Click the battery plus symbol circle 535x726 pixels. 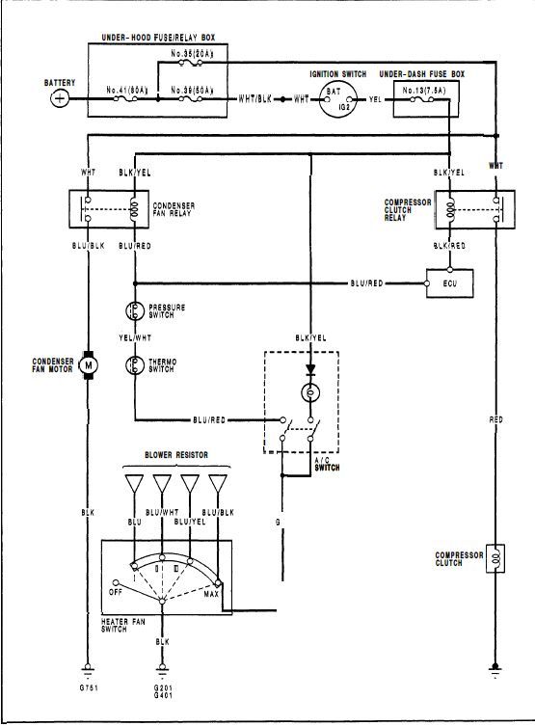coord(61,98)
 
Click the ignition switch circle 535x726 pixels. coord(339,98)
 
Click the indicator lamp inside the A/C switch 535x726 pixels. coord(309,393)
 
